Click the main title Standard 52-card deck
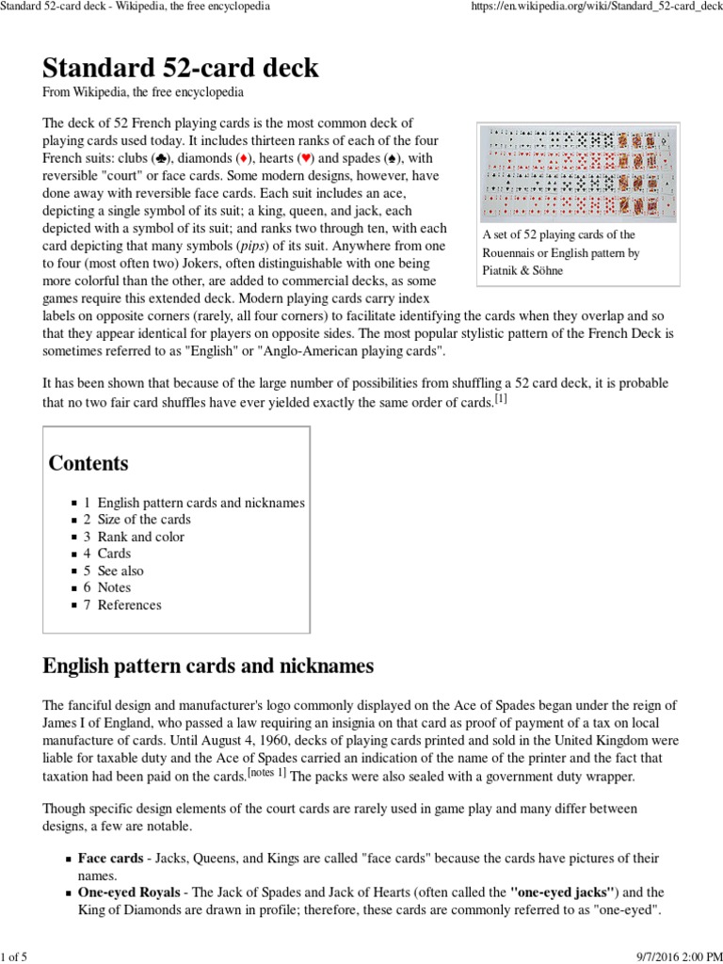(181, 68)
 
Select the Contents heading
(88, 463)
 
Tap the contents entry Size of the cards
(143, 520)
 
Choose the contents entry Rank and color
(140, 537)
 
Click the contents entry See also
(120, 570)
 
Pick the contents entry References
(129, 604)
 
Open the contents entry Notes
(114, 587)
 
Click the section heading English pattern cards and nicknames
(208, 667)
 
